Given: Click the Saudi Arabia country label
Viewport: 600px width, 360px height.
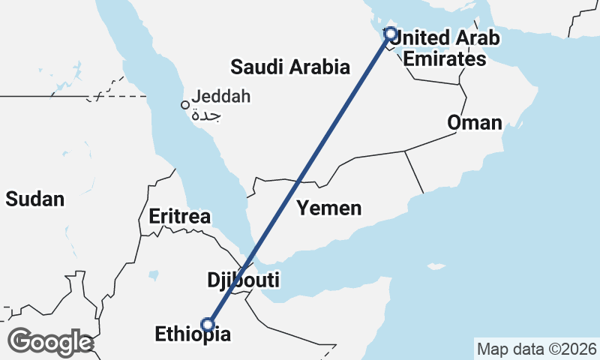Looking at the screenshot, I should click(x=290, y=67).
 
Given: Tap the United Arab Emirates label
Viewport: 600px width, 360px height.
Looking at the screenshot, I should click(x=445, y=47).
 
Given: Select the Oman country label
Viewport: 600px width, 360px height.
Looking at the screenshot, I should click(x=475, y=122).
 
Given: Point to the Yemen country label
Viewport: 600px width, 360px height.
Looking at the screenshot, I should click(x=328, y=208).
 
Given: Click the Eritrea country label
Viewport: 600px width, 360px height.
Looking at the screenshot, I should click(x=179, y=217).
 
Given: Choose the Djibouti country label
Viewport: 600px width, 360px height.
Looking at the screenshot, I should click(x=243, y=281).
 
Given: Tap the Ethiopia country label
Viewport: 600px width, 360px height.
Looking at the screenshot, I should click(x=193, y=334).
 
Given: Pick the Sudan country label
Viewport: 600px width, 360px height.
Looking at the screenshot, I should click(x=34, y=199).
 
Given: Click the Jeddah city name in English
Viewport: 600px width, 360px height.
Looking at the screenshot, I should click(x=221, y=96).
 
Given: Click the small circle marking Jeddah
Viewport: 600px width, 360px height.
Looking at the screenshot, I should click(x=184, y=105).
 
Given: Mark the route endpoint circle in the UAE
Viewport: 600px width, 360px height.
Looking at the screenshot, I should click(x=390, y=33).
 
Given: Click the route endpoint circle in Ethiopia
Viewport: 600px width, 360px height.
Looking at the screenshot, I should click(x=208, y=325).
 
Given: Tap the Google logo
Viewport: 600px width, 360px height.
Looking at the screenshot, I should click(x=50, y=342).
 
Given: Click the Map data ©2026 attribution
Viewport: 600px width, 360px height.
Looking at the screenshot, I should click(x=536, y=349).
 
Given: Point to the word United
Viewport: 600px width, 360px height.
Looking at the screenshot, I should click(x=421, y=37).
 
